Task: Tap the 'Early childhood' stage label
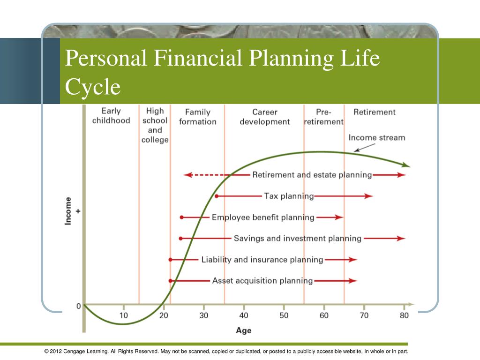(111, 116)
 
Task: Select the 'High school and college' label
(155, 125)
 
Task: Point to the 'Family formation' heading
(198, 117)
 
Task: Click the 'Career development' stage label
(265, 117)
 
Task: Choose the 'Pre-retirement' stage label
(323, 117)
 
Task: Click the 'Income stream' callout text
(377, 138)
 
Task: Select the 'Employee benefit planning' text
(263, 217)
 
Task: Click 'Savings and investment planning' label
(298, 239)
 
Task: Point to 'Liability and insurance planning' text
(262, 260)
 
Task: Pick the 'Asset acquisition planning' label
(262, 281)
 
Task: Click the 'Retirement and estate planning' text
(312, 175)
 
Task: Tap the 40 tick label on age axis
(244, 315)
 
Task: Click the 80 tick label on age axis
(404, 315)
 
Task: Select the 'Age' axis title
(244, 330)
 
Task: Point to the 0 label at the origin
(79, 306)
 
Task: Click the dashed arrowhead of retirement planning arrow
(187, 175)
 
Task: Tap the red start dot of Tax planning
(217, 196)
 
